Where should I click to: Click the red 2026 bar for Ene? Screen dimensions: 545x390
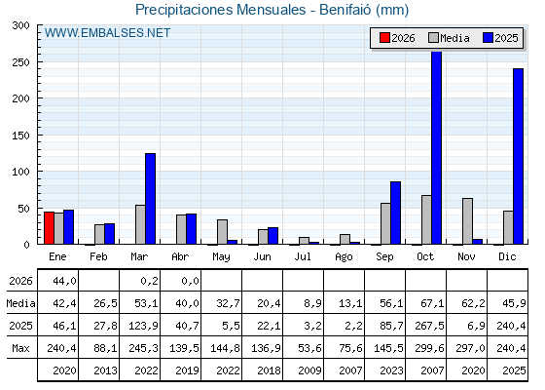point(49,228)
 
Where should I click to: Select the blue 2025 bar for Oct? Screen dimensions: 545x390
point(437,147)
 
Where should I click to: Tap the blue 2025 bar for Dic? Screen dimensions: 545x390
point(518,156)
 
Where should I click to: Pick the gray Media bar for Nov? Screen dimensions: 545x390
point(467,221)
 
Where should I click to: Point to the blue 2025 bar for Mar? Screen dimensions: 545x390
point(151,199)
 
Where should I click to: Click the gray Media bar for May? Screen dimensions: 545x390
point(223,232)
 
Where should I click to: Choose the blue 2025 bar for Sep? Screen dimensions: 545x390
point(395,213)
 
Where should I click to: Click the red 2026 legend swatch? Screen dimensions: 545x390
point(384,38)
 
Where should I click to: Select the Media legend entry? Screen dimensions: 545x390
point(449,38)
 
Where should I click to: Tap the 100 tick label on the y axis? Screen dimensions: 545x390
point(20,172)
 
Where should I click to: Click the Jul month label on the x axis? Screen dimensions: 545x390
point(303,256)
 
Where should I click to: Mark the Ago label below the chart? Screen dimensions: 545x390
point(344,257)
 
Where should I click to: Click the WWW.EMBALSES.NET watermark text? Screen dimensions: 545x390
point(107,33)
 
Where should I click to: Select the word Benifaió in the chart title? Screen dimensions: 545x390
point(345,10)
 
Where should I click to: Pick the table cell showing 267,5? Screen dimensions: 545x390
point(429,326)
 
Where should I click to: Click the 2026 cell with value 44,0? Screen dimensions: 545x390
point(64,281)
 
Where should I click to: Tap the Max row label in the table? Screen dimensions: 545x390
point(20,348)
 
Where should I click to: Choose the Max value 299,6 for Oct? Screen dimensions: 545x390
point(429,348)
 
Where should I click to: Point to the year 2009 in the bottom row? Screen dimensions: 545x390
point(309,370)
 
